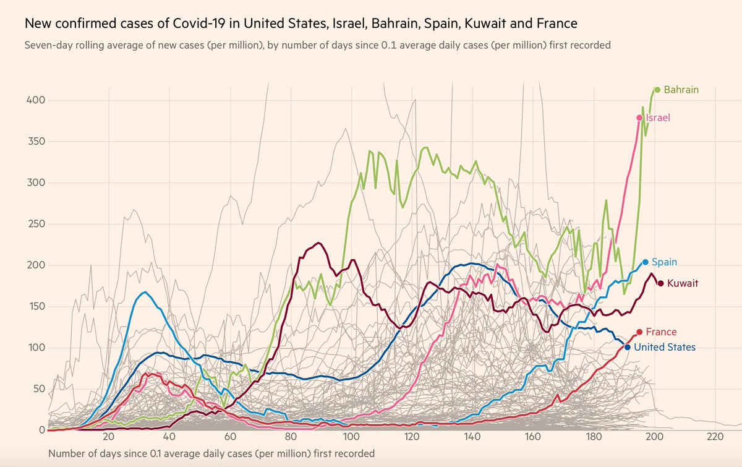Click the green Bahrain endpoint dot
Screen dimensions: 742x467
point(657,90)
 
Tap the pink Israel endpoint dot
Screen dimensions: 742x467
point(639,118)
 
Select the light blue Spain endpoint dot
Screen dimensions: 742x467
point(646,262)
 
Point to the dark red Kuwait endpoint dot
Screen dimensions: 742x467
point(660,283)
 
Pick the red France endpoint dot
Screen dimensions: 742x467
point(639,332)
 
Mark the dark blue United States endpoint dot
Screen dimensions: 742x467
point(628,348)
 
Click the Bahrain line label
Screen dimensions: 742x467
point(681,90)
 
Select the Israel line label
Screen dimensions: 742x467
point(658,118)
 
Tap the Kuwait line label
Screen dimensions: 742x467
point(683,283)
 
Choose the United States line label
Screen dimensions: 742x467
point(665,348)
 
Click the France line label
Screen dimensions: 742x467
point(661,332)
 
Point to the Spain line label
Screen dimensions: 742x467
point(665,262)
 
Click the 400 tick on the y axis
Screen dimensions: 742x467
point(36,100)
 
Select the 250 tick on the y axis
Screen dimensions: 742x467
point(36,224)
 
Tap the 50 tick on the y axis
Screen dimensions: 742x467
point(39,389)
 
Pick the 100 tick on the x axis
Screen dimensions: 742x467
point(351,437)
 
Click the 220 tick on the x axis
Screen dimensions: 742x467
point(715,437)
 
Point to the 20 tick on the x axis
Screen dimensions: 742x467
point(109,437)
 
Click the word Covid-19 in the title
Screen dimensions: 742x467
point(199,24)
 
